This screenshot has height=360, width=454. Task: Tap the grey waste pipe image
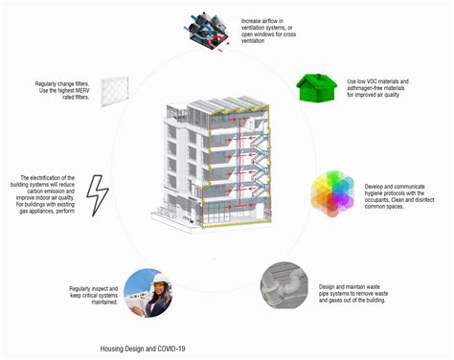tap(287, 286)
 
